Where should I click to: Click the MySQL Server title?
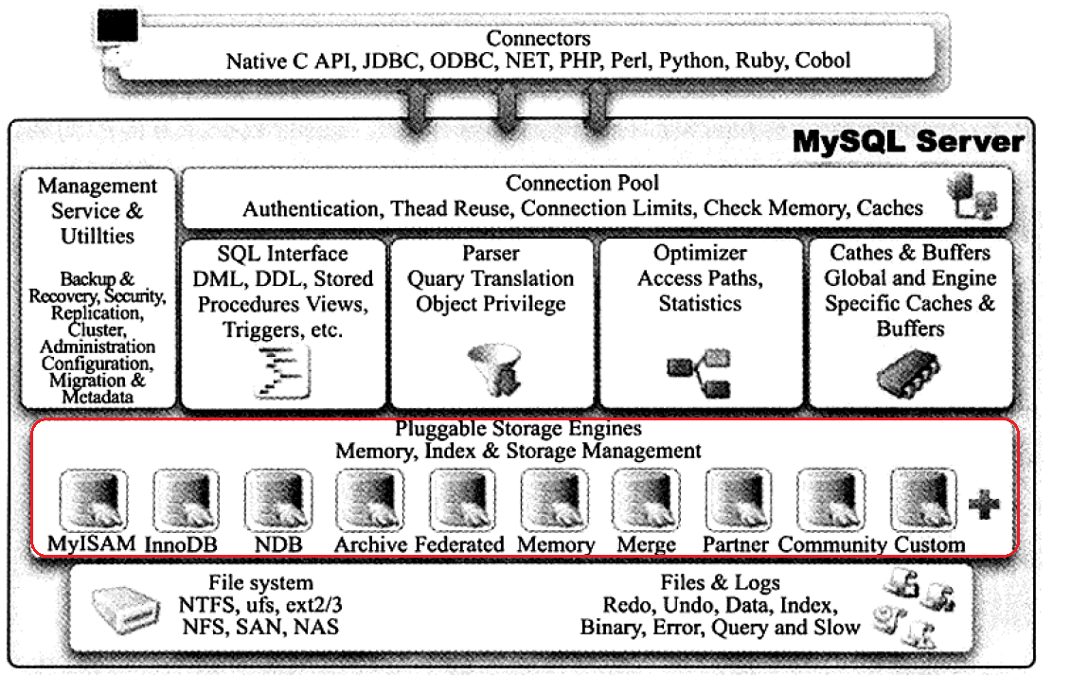click(x=908, y=143)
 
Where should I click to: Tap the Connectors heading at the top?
click(x=538, y=39)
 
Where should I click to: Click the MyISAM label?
click(x=93, y=544)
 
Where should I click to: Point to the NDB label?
click(x=277, y=544)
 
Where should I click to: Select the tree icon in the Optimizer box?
click(x=699, y=372)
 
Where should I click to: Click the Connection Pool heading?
click(x=582, y=183)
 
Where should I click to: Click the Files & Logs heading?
click(x=720, y=581)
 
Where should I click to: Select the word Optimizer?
click(x=700, y=254)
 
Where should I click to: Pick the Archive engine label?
click(x=370, y=544)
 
